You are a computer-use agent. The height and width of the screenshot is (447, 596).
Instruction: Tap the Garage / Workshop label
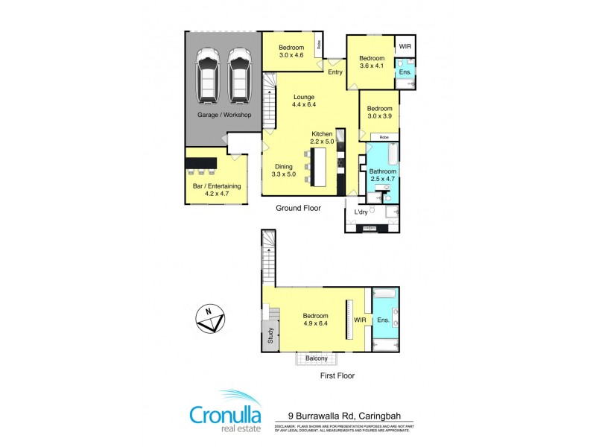224,115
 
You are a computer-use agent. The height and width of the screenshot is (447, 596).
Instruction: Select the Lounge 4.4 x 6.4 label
303,101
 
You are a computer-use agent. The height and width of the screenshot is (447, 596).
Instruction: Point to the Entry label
335,72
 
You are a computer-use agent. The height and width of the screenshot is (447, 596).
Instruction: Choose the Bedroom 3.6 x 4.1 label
371,63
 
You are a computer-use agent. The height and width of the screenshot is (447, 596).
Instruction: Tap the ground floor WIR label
405,47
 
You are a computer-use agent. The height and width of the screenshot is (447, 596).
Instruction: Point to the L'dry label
361,212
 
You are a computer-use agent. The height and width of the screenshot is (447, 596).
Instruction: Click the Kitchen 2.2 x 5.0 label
322,138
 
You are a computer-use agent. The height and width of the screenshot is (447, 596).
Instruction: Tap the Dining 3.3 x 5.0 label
284,171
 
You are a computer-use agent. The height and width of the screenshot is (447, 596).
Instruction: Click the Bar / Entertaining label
206,188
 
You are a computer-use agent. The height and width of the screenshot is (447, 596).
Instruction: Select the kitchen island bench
320,167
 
